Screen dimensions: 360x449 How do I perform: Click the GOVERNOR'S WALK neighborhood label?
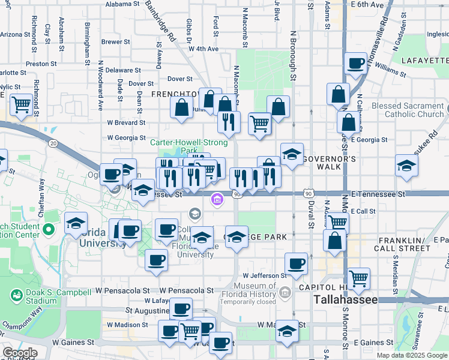[329, 158]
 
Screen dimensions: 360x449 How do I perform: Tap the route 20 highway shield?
[53, 143]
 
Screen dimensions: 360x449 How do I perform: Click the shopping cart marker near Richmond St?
[22, 105]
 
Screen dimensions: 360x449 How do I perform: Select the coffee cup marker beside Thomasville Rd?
[356, 63]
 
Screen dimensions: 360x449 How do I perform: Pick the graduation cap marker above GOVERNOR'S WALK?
[292, 154]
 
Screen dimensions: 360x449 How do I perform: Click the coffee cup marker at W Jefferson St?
[296, 263]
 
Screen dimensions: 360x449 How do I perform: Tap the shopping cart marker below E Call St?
[337, 222]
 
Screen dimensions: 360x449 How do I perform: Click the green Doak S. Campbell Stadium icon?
[16, 295]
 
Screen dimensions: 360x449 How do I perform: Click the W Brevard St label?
[127, 122]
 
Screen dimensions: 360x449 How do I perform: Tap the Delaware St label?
[123, 70]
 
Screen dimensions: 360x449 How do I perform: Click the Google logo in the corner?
[20, 353]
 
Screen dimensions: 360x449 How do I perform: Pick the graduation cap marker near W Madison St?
[288, 331]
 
